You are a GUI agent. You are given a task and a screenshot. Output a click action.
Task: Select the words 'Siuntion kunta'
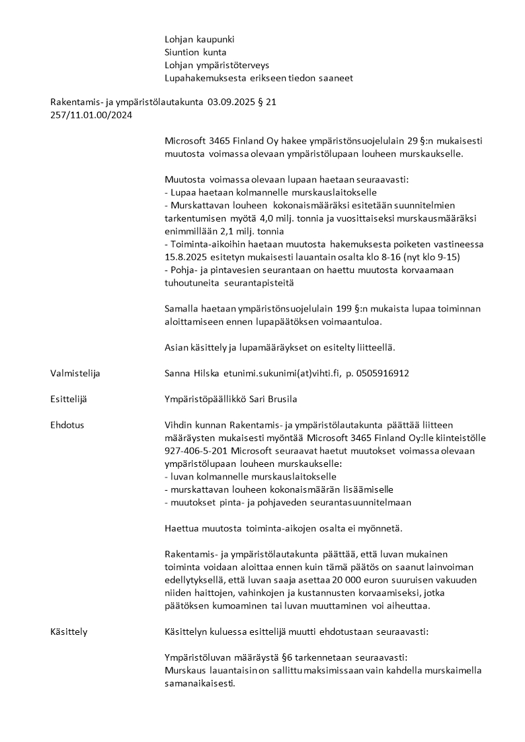pyautogui.click(x=195, y=52)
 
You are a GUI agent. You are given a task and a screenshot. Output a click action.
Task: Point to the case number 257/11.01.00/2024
pyautogui.click(x=90, y=115)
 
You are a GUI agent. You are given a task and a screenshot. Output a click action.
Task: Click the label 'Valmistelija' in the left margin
pyautogui.click(x=75, y=373)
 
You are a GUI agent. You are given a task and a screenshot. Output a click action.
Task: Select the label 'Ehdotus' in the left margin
pyautogui.click(x=67, y=425)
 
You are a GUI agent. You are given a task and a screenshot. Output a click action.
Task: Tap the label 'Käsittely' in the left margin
pyautogui.click(x=69, y=632)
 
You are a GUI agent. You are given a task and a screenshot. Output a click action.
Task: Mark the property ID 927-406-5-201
pyautogui.click(x=196, y=450)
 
